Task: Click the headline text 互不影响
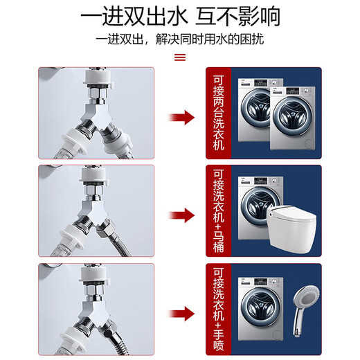pyautogui.click(x=239, y=15)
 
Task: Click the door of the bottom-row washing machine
pyautogui.click(x=259, y=315)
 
